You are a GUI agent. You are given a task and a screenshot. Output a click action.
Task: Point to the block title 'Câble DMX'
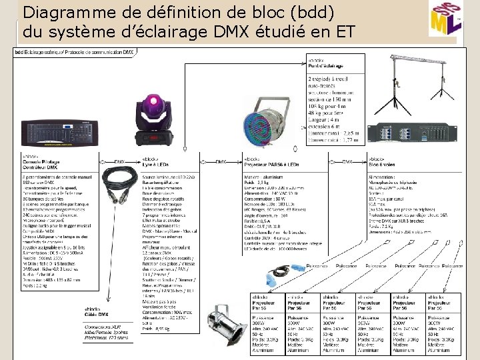coord(96,314)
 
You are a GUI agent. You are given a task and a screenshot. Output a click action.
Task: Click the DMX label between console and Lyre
coord(119,161)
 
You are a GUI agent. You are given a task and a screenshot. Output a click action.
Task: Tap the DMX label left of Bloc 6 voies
coord(347,161)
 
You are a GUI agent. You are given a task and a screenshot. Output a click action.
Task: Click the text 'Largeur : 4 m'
coord(325,121)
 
